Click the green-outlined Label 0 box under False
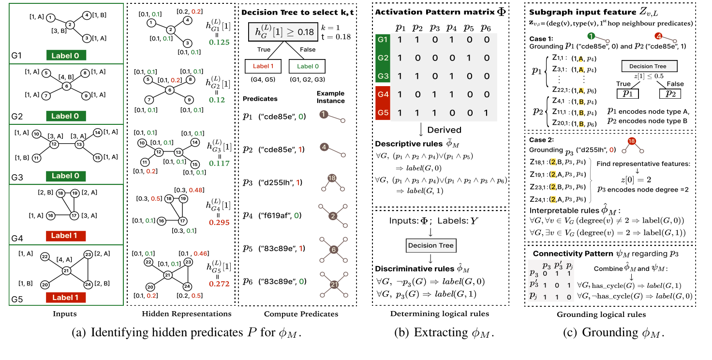[x=307, y=66]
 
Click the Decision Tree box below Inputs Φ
[x=431, y=245]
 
